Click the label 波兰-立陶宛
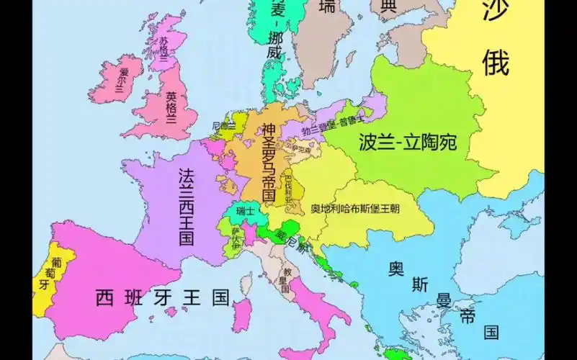[408, 142]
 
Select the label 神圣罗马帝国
[269, 163]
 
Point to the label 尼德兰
[224, 126]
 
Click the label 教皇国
[286, 280]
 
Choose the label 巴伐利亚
[288, 186]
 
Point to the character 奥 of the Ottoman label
[395, 269]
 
